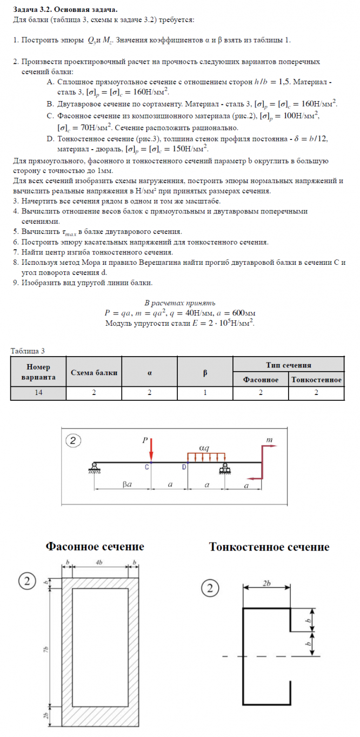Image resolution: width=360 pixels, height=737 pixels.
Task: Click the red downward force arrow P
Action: coord(151,451)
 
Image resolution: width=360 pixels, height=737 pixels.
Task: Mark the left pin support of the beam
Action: coord(95,467)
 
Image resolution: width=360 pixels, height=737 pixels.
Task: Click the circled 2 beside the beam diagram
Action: coord(73,440)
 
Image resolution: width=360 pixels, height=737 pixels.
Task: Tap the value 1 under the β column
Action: coord(205,393)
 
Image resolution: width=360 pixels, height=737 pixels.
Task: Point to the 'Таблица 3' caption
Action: coord(28,351)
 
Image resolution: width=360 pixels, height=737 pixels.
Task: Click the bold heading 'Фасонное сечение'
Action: coord(95,547)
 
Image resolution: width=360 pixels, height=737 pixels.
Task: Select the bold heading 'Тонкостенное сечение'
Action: coord(269,547)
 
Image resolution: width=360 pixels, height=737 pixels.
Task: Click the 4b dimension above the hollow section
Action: coord(100,563)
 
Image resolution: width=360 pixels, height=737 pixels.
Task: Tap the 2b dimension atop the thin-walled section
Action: coord(266,585)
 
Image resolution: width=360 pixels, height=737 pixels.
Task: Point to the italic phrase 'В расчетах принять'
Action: coord(179,303)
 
